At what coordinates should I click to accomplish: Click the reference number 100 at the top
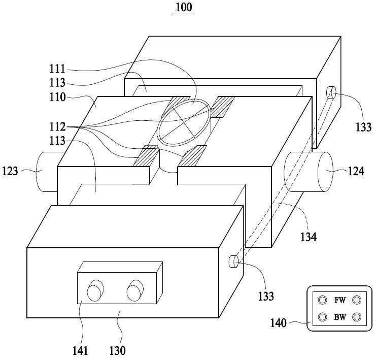click(184, 7)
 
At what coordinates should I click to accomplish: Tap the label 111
click(57, 69)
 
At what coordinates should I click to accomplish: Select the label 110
click(57, 97)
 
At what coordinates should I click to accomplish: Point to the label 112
click(57, 126)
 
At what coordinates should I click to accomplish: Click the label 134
click(309, 237)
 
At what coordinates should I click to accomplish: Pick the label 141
click(80, 351)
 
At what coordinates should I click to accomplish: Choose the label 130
click(117, 351)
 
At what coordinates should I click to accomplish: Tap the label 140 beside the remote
click(279, 323)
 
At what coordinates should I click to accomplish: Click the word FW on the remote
click(340, 300)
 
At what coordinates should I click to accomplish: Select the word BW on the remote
click(340, 317)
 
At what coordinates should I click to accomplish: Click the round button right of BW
click(357, 317)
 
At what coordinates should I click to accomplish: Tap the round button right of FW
click(357, 300)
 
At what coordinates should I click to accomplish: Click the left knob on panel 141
click(95, 290)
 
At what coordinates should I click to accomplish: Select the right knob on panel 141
click(135, 290)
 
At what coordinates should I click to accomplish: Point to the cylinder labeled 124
click(309, 172)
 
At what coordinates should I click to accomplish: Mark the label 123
click(10, 171)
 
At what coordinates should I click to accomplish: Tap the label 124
click(356, 171)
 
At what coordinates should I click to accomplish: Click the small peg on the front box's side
click(233, 261)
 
